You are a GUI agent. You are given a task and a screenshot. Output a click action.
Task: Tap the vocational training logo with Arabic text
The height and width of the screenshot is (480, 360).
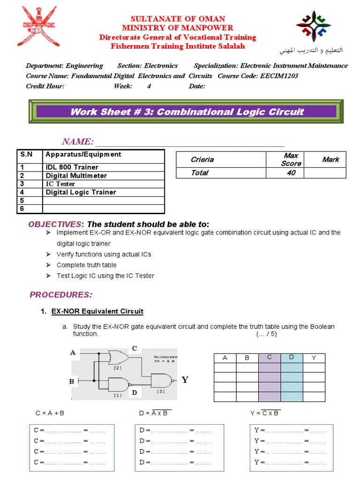[314, 33]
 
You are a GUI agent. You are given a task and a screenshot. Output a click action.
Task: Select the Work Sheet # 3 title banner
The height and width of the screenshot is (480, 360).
[187, 112]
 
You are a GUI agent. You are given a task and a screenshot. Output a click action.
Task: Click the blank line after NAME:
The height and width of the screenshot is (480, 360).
[189, 142]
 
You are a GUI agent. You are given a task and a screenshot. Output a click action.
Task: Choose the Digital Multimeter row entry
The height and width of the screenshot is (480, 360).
[76, 175]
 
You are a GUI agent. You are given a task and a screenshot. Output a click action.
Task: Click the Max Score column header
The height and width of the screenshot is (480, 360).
[291, 159]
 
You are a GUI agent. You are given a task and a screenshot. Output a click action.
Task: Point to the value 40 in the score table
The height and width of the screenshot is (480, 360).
[291, 173]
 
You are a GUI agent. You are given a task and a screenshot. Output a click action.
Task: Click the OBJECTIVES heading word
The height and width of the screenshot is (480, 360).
[55, 224]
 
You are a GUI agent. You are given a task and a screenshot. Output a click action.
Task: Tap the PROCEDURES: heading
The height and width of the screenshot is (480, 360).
[61, 295]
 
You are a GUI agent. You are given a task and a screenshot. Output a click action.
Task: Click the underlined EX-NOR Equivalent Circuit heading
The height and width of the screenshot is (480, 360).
[97, 311]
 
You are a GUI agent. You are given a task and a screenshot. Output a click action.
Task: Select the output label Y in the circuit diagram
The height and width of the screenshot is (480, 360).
[185, 380]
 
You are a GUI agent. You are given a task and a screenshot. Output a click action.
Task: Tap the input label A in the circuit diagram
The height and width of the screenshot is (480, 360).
[73, 352]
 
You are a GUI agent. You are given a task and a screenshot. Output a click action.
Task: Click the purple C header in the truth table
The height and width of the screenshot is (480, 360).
[270, 358]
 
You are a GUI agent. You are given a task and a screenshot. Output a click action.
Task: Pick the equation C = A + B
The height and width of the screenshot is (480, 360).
[50, 413]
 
